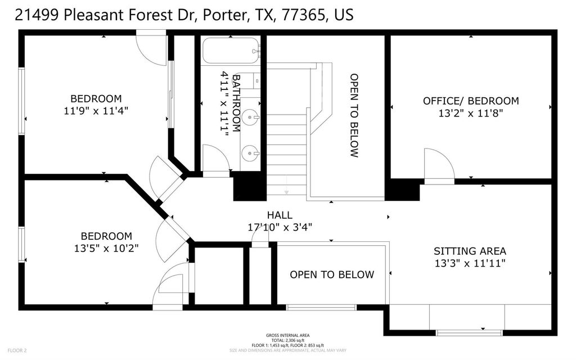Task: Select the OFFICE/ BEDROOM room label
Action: tap(471, 101)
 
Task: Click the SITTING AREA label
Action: tap(470, 251)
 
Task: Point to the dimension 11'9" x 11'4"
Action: tap(96, 111)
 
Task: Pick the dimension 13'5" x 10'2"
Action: tap(106, 247)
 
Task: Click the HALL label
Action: tap(280, 215)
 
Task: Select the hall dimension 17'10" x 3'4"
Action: tap(280, 227)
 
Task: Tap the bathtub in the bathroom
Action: tap(231, 51)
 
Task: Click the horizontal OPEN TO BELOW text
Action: tap(331, 274)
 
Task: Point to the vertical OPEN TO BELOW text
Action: tap(354, 115)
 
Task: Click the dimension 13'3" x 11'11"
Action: tap(470, 263)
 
